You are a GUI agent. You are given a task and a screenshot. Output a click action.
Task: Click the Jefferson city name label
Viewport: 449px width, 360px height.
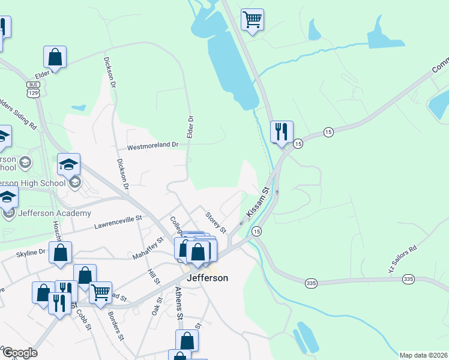207,278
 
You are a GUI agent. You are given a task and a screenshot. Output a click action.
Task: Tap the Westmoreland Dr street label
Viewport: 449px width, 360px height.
153,145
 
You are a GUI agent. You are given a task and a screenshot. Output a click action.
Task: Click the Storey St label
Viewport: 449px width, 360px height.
215,223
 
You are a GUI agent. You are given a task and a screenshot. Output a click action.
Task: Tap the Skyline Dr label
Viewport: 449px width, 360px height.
30,253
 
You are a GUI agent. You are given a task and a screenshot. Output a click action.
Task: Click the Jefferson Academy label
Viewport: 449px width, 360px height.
55,213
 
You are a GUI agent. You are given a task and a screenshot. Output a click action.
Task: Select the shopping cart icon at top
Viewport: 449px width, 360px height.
253,19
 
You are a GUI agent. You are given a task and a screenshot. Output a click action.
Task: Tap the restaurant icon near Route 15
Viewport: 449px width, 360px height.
281,131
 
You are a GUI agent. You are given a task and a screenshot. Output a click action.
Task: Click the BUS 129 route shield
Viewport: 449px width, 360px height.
33,89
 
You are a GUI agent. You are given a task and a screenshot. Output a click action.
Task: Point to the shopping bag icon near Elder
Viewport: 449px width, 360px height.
55,58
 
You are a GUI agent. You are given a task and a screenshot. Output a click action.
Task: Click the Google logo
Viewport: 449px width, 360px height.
19,353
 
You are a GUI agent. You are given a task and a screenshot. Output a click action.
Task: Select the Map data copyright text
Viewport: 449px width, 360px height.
424,355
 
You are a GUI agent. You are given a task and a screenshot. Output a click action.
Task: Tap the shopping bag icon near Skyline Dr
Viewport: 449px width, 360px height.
61,253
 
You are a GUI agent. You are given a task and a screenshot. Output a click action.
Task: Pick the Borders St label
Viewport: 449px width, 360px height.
115,325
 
